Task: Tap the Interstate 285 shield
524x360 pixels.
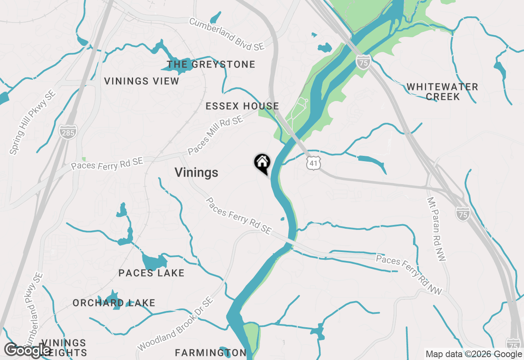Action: [x=67, y=132]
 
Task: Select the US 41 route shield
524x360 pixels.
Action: [x=313, y=163]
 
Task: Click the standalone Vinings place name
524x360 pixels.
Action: [x=196, y=173]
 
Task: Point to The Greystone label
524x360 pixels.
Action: [x=211, y=65]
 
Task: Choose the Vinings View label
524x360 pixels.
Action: [x=142, y=81]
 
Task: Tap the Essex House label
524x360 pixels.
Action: [x=242, y=106]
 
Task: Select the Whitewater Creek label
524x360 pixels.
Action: [x=442, y=92]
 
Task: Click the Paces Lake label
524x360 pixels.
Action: [x=151, y=273]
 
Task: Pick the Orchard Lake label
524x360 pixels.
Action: [x=114, y=303]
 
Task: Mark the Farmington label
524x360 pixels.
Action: [x=210, y=353]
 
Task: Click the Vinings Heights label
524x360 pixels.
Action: [x=64, y=347]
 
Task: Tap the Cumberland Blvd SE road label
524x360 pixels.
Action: [x=227, y=34]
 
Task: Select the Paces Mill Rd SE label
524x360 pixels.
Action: [x=215, y=135]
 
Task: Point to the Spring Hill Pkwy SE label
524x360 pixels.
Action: [x=32, y=123]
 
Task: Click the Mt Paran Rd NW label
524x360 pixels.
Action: [x=436, y=229]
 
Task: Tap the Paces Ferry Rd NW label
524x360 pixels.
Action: [x=409, y=274]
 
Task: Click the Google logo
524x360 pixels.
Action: [x=28, y=350]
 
